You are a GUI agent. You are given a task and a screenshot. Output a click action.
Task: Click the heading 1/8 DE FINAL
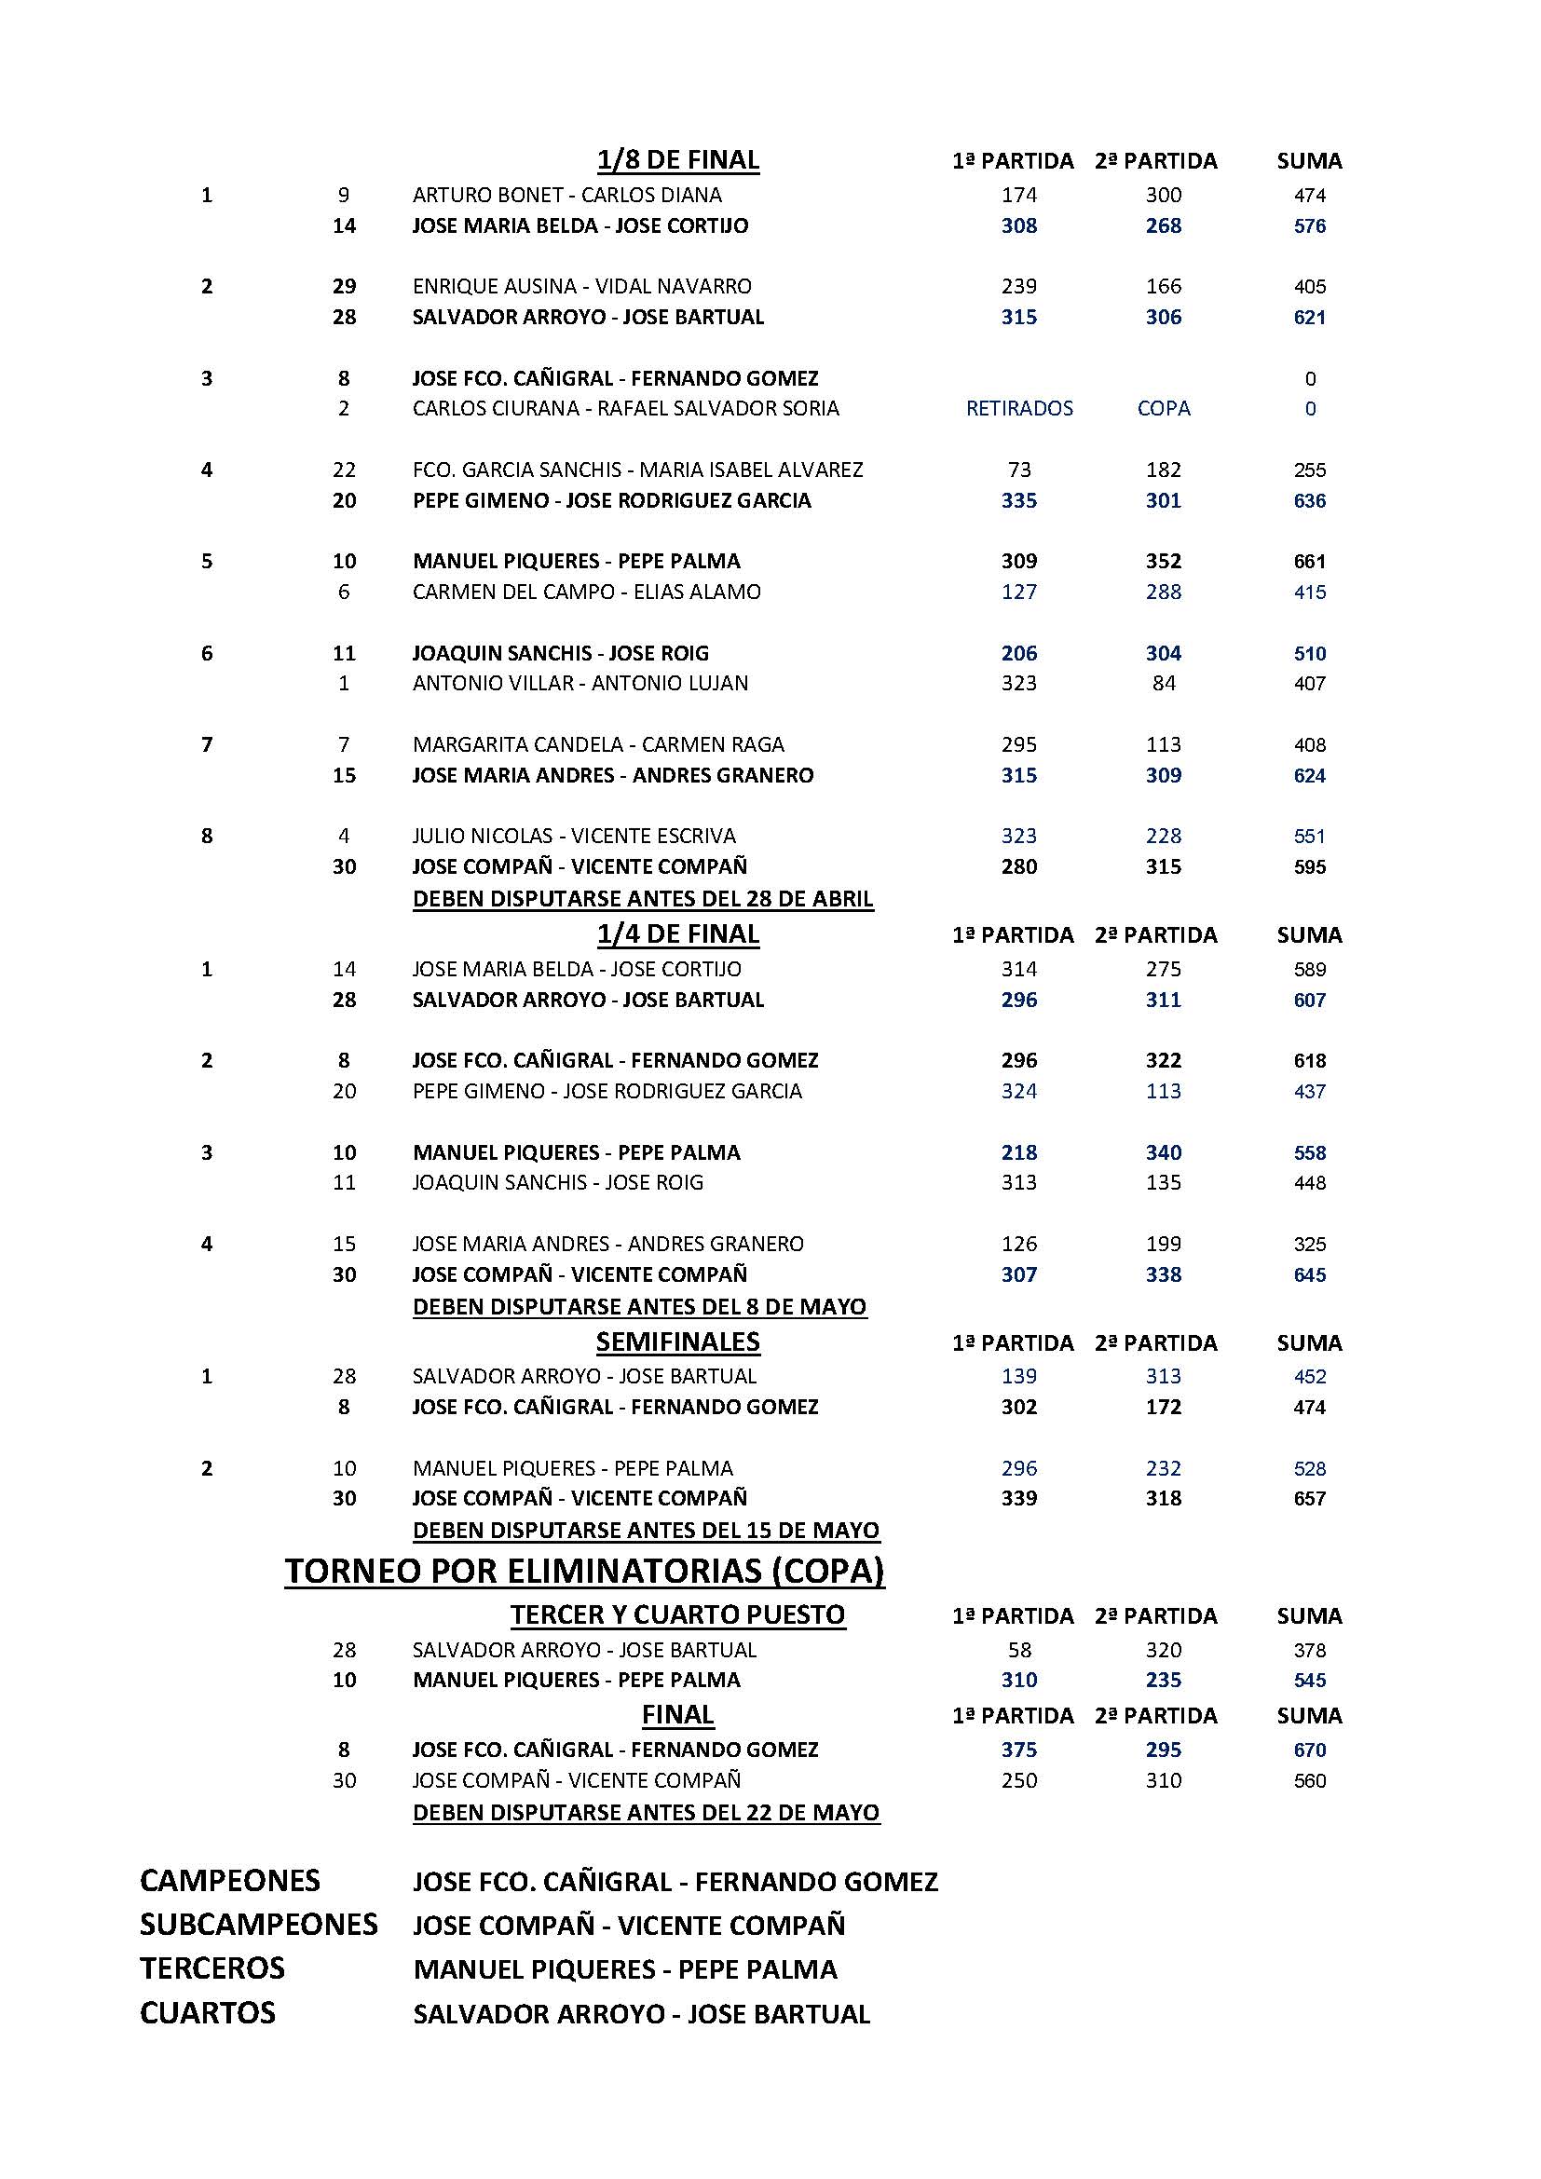[677, 160]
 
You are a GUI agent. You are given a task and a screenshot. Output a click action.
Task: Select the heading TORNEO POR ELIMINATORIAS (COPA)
[584, 1572]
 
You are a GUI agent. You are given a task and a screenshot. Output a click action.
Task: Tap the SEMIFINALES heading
[677, 1341]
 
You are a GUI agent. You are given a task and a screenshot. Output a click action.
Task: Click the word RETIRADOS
[1019, 409]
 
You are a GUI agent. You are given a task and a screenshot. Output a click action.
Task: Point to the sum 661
[1309, 562]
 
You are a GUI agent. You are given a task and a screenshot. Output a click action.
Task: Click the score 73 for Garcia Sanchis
[1019, 470]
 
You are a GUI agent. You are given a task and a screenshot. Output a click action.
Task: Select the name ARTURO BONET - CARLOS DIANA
[566, 196]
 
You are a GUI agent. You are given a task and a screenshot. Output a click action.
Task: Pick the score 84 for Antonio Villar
[1164, 683]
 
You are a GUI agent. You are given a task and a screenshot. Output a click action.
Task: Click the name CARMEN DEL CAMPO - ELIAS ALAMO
[586, 592]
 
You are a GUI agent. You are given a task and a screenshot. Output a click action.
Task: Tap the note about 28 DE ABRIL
[643, 899]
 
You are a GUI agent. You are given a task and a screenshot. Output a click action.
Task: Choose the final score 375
[1019, 1750]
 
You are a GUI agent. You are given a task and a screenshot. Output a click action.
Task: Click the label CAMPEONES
[229, 1881]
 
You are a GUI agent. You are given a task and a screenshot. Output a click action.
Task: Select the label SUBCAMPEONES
[258, 1925]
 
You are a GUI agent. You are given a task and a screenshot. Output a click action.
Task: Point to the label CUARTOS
[207, 2013]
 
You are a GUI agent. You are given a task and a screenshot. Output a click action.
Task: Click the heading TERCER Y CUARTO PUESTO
[677, 1615]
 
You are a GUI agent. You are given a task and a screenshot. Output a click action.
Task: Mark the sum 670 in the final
[1309, 1750]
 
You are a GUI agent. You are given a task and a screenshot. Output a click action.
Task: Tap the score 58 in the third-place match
[1019, 1651]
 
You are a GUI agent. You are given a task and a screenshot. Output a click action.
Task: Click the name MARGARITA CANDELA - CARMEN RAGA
[598, 745]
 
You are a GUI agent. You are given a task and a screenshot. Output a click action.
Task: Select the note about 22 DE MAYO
[647, 1813]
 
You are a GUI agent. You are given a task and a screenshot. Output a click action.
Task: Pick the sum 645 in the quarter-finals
[1309, 1274]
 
